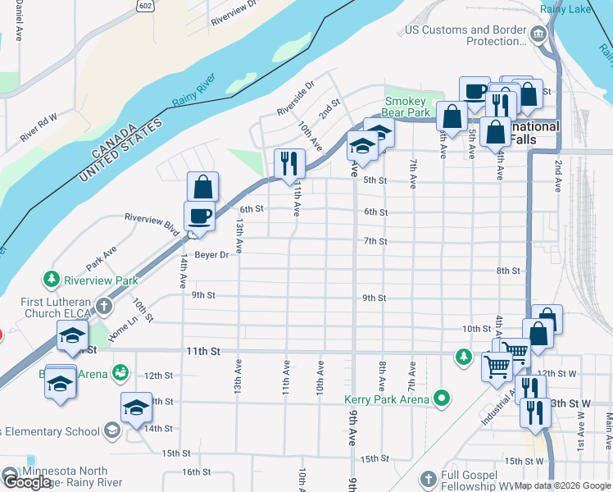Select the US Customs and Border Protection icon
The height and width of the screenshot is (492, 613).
538,34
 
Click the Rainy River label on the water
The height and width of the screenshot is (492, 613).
193,90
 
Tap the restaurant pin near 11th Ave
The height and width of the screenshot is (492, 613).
288,164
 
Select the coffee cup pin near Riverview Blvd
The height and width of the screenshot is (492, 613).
200,216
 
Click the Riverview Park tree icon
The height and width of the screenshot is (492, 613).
52,280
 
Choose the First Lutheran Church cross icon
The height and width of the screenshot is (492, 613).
103,307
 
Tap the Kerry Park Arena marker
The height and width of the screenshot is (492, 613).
443,399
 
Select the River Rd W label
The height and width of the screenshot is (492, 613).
39,129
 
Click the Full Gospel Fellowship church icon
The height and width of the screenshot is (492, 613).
426,478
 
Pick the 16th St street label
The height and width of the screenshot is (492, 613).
196,472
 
